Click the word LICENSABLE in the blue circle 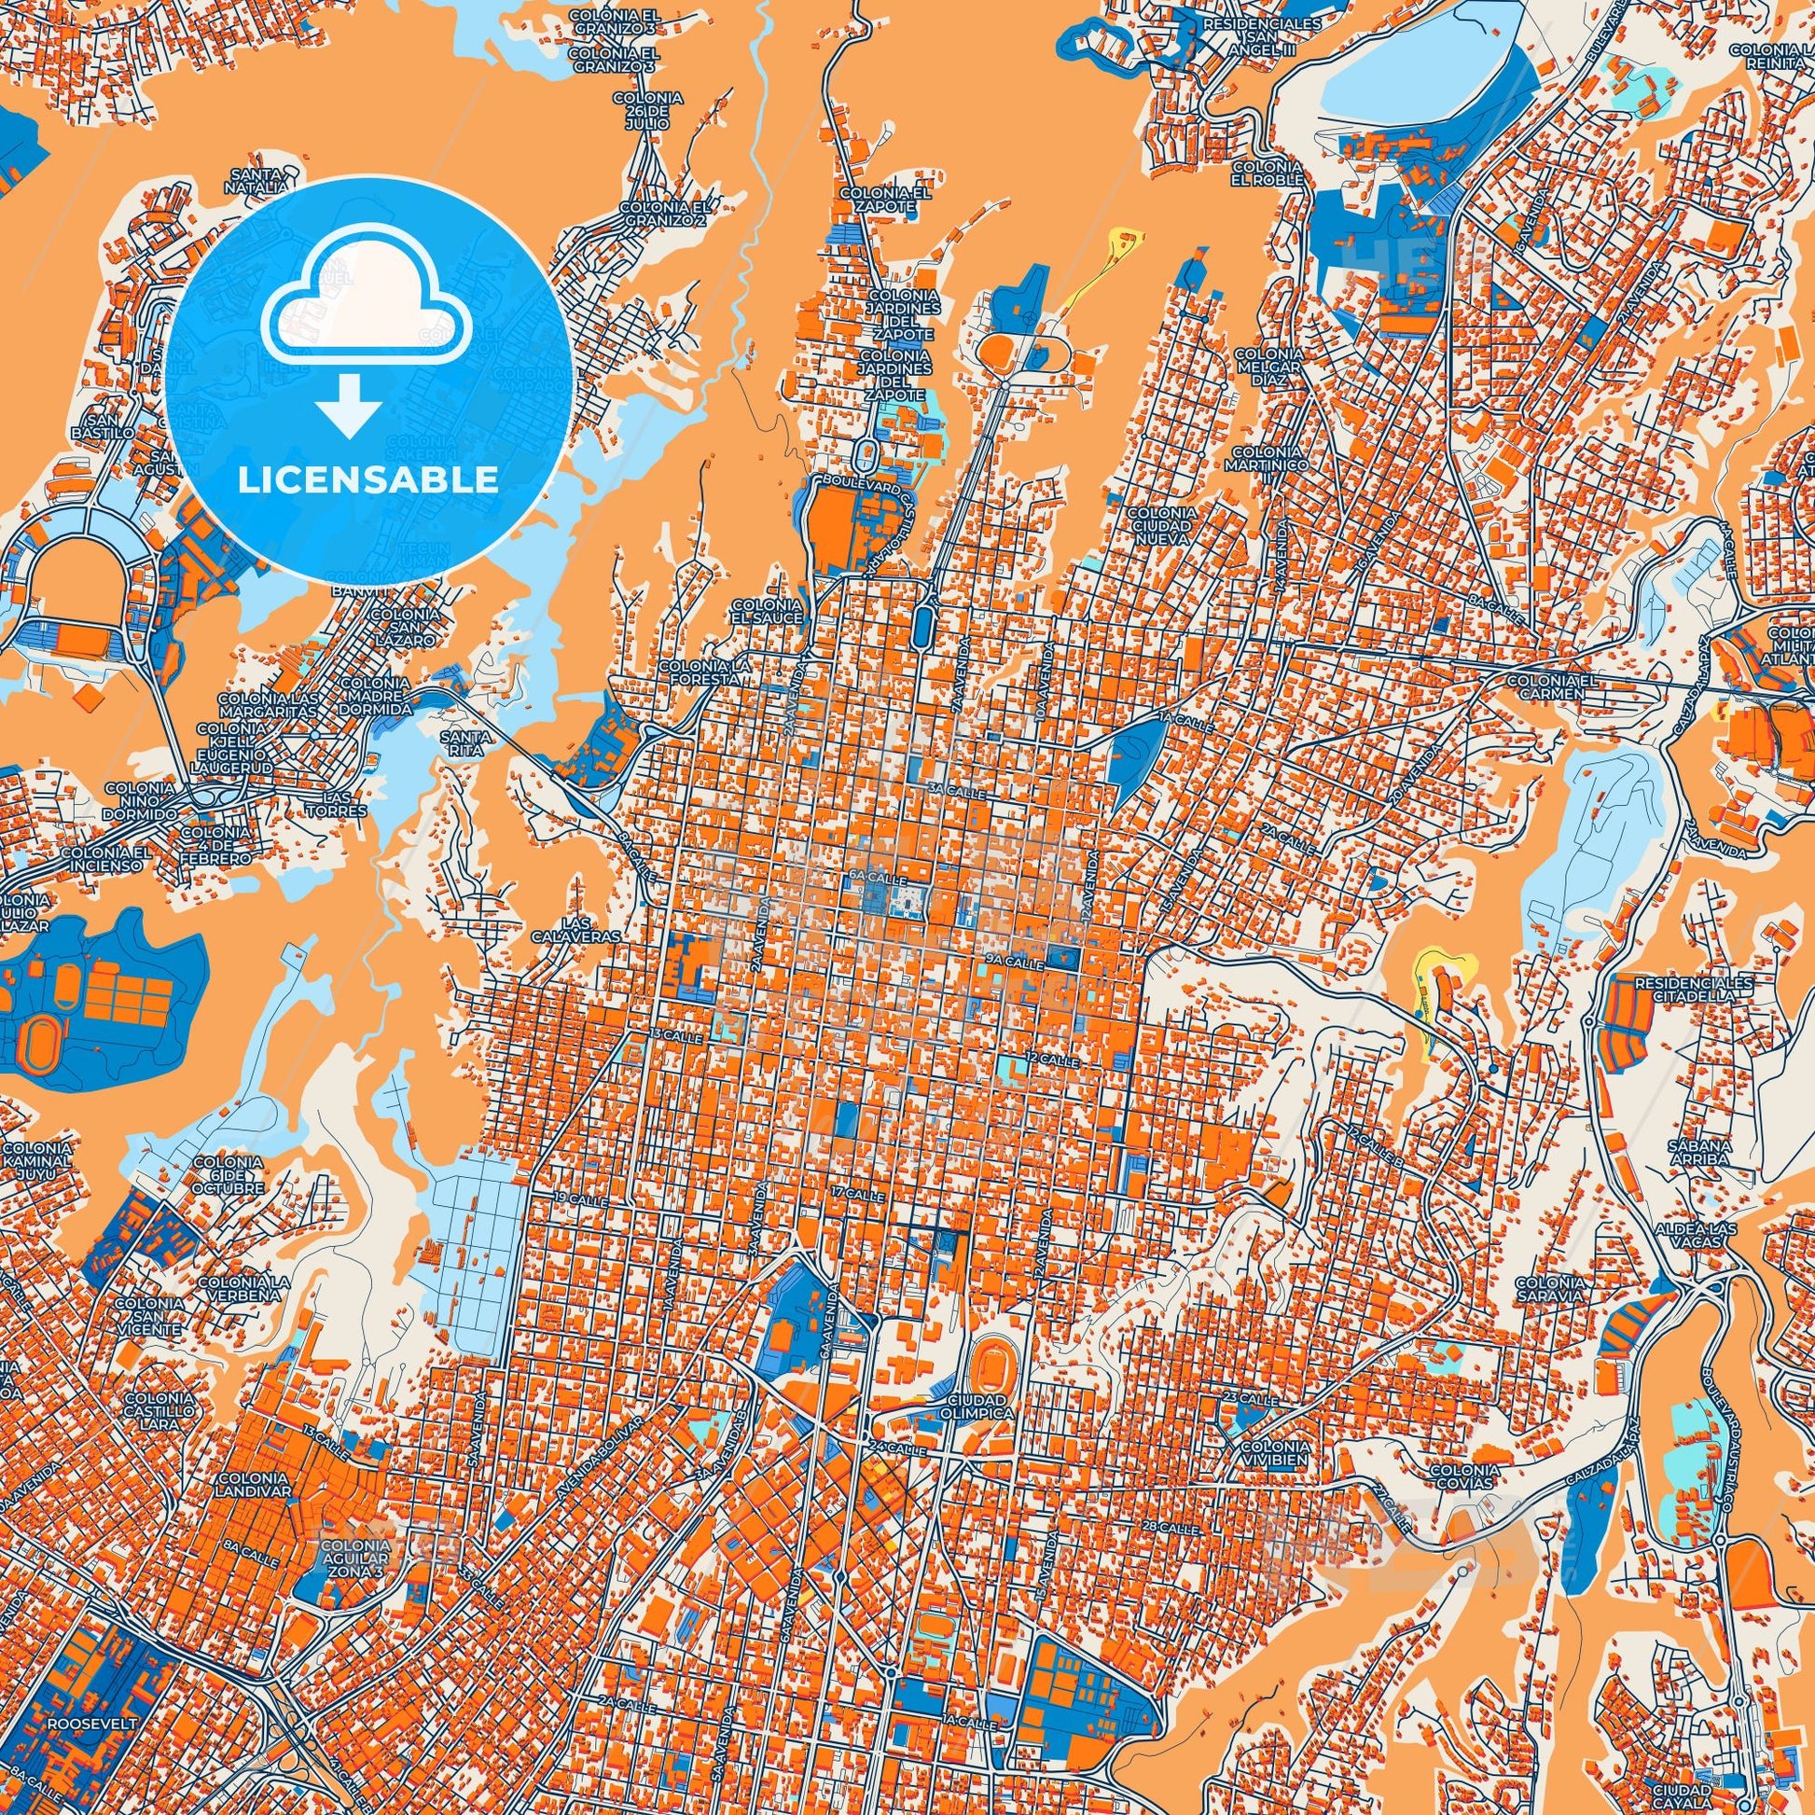(367, 480)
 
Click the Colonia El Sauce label (768, 612)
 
